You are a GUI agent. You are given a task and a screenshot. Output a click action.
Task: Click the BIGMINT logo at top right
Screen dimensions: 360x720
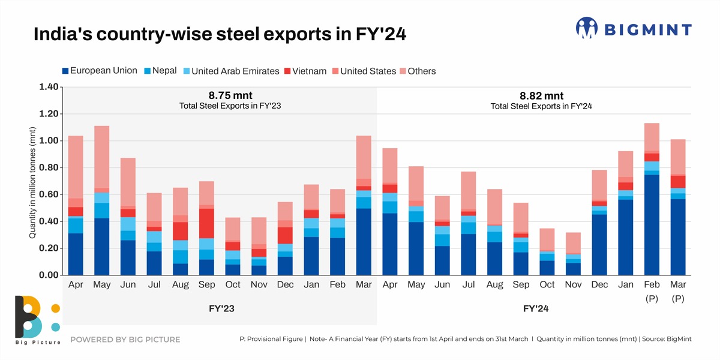tap(634, 28)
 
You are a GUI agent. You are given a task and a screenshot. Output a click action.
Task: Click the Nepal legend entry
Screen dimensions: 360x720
tap(160, 71)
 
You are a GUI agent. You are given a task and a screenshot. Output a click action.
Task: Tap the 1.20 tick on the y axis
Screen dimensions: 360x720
tap(49, 114)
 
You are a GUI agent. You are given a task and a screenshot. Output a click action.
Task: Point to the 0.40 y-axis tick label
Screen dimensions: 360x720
tap(49, 221)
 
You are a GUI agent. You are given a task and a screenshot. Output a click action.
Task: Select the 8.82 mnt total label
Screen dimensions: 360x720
tap(541, 95)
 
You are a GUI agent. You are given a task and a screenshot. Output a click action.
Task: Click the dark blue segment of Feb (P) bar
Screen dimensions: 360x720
tap(652, 225)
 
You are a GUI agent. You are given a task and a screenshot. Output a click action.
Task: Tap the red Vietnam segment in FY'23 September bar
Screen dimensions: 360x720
tap(207, 223)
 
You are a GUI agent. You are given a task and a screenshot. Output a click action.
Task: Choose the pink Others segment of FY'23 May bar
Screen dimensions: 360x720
tap(101, 157)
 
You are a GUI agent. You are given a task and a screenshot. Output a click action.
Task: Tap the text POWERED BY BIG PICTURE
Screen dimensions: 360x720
tap(125, 340)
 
